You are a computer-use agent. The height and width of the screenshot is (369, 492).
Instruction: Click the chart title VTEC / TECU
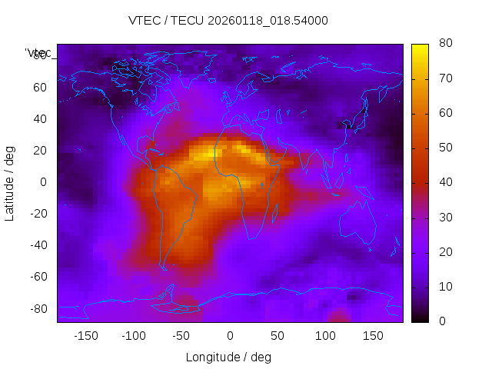click(228, 21)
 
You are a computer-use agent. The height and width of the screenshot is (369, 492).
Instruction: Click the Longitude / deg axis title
click(228, 357)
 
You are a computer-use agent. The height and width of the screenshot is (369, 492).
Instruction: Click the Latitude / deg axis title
click(10, 181)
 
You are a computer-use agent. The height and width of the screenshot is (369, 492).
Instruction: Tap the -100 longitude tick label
click(133, 336)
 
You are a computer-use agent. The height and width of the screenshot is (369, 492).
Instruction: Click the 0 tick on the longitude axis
click(230, 336)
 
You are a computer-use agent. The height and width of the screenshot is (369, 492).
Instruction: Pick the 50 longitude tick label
click(278, 336)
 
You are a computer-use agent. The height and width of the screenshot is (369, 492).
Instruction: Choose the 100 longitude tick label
click(325, 336)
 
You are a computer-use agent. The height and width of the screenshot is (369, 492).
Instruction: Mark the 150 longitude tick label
click(374, 336)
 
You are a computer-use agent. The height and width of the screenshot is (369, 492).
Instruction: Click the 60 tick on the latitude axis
click(41, 88)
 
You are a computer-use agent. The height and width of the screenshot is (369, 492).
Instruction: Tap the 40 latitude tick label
click(41, 119)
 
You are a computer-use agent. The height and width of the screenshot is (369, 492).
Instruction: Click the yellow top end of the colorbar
click(420, 48)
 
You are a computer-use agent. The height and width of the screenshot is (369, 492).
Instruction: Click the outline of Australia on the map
click(357, 222)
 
